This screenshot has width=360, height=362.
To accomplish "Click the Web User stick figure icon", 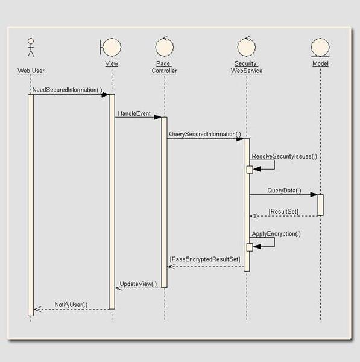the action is click(31, 47).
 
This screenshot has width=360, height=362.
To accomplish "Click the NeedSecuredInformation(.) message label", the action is click(67, 90).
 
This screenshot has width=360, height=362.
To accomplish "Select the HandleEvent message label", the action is click(134, 113).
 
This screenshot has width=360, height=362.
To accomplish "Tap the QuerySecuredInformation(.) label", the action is click(205, 134).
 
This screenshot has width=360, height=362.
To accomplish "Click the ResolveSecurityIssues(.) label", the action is click(284, 156).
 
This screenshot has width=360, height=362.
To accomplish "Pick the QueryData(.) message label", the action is click(284, 191).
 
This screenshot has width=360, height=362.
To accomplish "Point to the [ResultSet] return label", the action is click(283, 212).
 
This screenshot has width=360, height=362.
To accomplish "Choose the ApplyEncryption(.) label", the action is click(276, 234).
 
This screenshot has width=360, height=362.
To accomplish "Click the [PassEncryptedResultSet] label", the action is click(205, 259).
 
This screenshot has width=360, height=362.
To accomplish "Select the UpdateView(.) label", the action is click(138, 284).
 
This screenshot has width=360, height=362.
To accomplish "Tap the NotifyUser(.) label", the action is click(71, 305).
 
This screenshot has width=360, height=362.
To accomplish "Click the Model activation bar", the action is click(320, 205).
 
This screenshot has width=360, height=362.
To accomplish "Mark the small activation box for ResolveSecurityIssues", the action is click(250, 170).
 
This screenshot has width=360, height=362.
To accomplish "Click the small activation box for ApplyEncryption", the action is click(250, 247).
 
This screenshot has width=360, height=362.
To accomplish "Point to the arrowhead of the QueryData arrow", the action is click(314, 194).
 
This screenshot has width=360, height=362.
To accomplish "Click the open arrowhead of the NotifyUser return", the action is click(37, 309).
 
